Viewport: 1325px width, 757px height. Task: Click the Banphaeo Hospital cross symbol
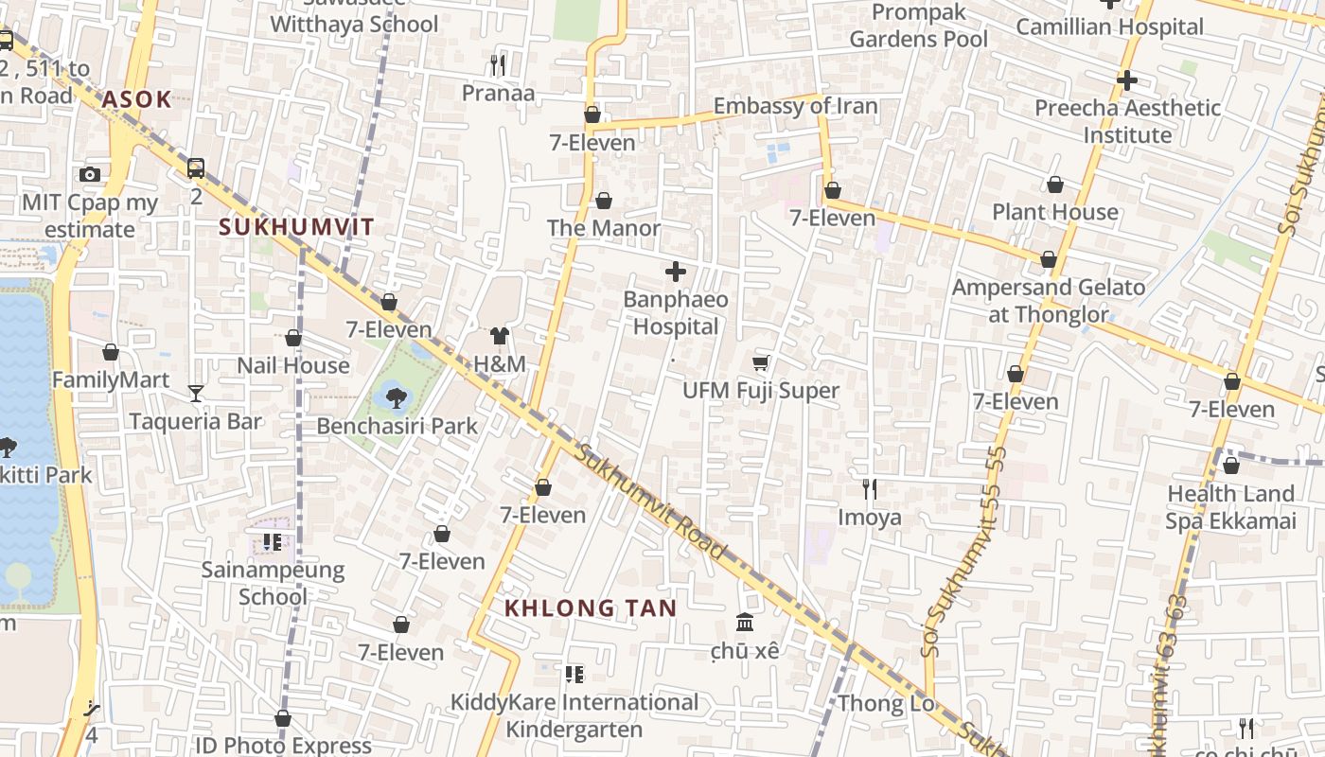[676, 273]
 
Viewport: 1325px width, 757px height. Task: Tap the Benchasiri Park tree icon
[397, 398]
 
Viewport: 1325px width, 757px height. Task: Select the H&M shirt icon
[500, 336]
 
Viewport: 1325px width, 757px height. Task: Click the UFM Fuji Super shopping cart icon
[761, 362]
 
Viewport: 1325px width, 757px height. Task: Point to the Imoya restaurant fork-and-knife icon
[870, 489]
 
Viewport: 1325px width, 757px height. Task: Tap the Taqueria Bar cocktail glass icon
[196, 393]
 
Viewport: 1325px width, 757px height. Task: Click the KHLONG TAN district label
[591, 608]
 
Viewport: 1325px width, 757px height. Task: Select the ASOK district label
[136, 99]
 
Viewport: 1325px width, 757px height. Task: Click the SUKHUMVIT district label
[297, 227]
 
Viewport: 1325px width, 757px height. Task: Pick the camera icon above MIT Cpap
[90, 174]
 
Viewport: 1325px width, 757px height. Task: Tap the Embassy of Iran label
[795, 106]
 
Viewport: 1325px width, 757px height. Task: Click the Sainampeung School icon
[273, 542]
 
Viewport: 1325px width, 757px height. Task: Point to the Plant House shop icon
[1055, 185]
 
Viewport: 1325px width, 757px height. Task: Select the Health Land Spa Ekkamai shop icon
[1231, 466]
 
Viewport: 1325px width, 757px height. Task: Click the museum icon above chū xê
[745, 623]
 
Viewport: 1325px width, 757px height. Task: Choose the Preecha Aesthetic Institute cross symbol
[1126, 80]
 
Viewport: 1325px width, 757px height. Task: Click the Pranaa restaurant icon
[498, 64]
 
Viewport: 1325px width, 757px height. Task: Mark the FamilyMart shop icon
[111, 353]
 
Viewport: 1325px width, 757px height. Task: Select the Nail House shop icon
[293, 338]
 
